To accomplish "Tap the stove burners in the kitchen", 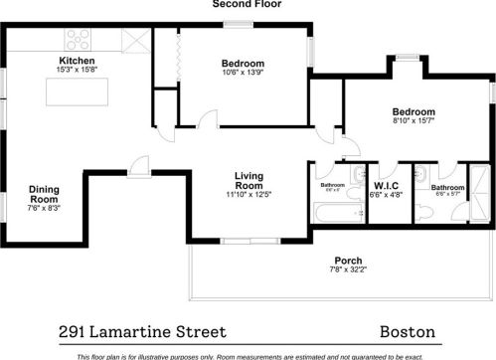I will point(79,40).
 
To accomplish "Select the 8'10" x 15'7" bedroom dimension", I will point(413,121).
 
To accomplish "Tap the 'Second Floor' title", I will point(248,5).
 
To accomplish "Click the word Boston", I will point(411,331).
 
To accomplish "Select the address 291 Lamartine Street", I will point(141,331).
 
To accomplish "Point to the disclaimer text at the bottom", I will point(248,355).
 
